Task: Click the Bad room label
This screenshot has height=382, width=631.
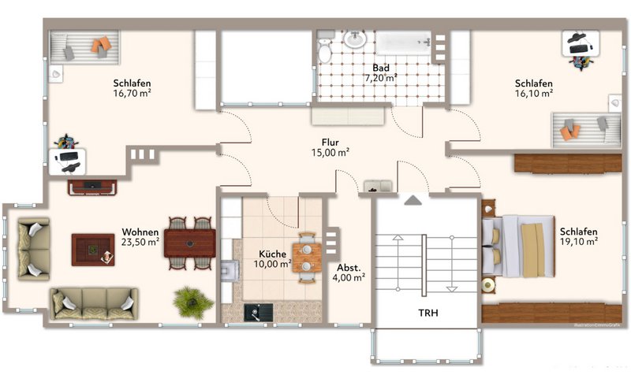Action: pos(381,68)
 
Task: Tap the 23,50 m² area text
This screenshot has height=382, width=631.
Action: pos(140,242)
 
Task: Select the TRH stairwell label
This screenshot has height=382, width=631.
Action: pos(428,313)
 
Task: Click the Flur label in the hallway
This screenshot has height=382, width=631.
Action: pos(330,143)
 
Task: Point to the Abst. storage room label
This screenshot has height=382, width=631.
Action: pos(349,268)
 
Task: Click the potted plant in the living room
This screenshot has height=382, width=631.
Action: pos(193,302)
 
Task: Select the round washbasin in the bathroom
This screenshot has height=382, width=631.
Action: pos(354,39)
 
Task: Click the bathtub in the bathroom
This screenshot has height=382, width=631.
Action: pos(403,43)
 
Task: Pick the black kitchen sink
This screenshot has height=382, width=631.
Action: pos(259,313)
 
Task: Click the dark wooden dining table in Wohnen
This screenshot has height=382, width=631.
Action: pos(190,243)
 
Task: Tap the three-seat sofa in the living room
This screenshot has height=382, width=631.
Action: pos(94,304)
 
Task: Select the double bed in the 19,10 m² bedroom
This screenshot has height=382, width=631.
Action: pos(519,247)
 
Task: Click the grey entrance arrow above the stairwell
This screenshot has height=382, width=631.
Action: pos(413,200)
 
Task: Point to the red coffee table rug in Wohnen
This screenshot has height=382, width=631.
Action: pos(93,250)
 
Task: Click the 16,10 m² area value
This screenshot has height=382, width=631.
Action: pos(534,94)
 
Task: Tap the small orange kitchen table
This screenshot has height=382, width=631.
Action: pos(307,258)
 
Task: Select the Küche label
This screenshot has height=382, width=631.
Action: pos(272,254)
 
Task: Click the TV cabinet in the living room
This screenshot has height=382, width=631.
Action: pos(92,187)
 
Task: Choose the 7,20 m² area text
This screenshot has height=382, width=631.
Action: pos(381,78)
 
